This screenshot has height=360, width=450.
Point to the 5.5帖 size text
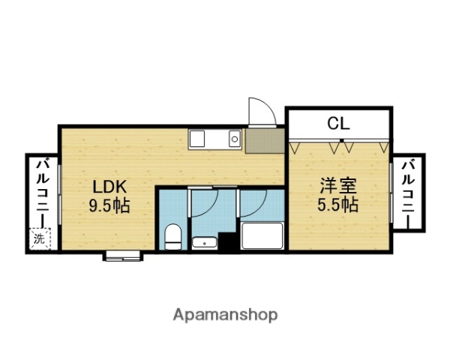click(337, 203)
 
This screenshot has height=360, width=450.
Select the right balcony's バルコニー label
click(409, 192)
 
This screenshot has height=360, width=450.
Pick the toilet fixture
click(172, 236)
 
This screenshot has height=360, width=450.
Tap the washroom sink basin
click(204, 242)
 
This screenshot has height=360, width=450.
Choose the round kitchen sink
click(235, 138)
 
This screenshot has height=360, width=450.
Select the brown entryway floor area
click(264, 140)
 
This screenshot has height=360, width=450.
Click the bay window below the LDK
click(124, 256)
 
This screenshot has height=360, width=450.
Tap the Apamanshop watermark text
click(226, 314)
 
